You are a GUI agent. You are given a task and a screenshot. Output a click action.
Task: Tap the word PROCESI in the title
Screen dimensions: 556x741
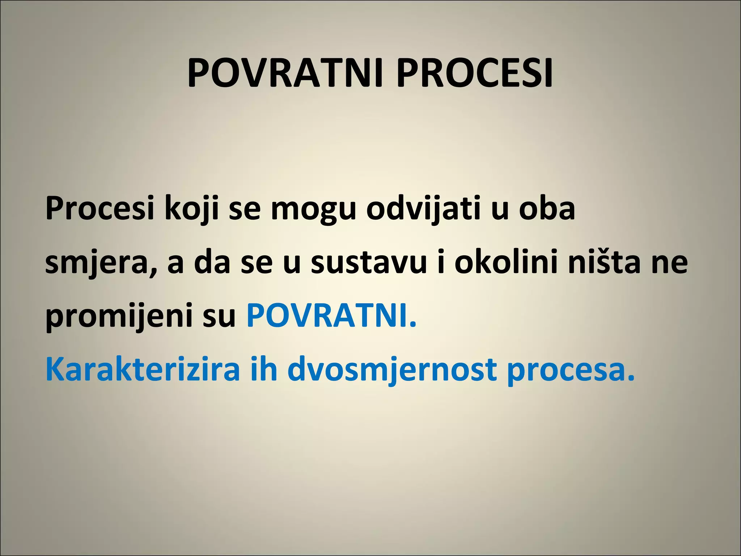coord(474,73)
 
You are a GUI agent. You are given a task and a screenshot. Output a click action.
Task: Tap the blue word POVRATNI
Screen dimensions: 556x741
coord(331,316)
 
